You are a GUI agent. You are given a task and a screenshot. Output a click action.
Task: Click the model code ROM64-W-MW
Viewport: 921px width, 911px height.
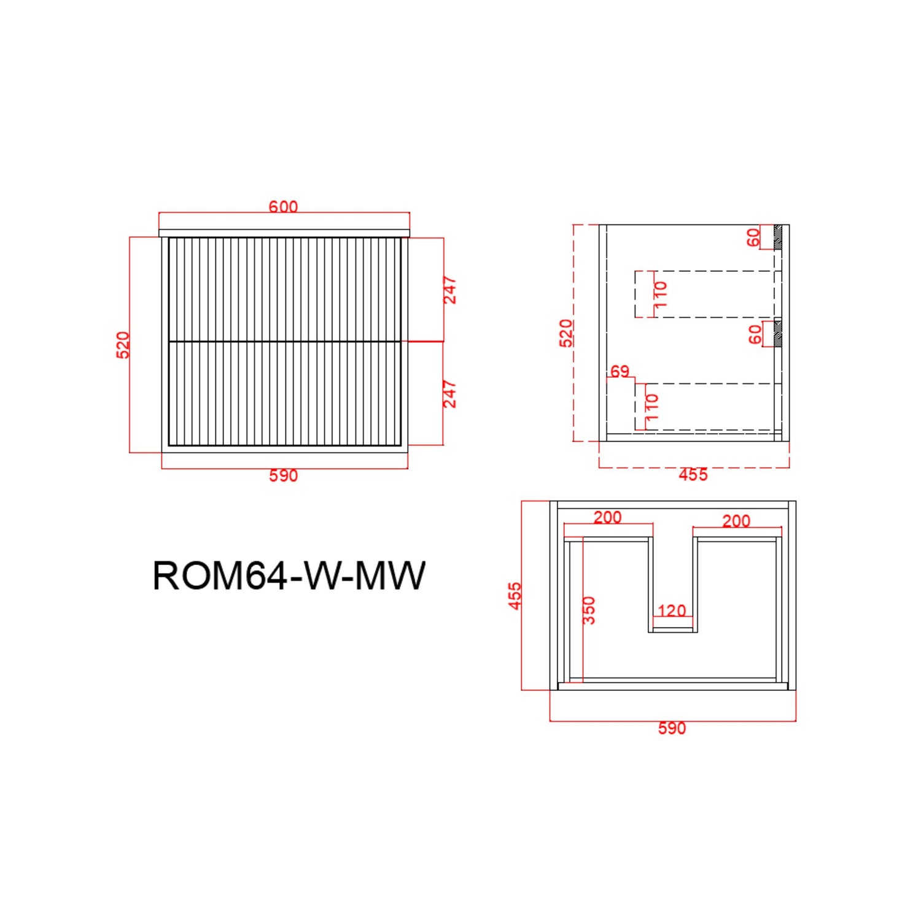point(289,575)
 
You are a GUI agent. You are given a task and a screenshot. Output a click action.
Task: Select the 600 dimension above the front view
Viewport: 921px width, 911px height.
point(283,207)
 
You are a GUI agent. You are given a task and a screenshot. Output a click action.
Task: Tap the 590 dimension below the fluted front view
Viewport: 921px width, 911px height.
point(283,475)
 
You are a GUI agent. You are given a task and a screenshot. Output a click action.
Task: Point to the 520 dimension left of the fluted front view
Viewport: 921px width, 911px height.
point(123,344)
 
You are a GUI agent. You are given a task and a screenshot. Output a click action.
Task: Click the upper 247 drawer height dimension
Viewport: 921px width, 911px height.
point(450,290)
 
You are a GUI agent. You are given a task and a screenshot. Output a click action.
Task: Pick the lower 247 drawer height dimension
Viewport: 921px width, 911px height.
point(450,394)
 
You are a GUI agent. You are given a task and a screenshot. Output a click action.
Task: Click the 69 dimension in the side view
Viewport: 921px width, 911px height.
point(620,371)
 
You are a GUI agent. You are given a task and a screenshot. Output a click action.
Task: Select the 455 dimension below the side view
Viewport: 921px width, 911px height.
point(693,474)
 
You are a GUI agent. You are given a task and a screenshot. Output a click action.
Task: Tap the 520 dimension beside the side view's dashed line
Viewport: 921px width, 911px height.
point(566,332)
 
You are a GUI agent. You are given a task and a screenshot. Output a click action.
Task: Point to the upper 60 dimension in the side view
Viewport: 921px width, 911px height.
point(753,237)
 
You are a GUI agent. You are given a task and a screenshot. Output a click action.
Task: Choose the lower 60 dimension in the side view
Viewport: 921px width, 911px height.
point(755,334)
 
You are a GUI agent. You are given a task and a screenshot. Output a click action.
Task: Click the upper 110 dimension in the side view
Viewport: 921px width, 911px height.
point(661,294)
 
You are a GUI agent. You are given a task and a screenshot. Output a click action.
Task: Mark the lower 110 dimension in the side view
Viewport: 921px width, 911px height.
point(652,407)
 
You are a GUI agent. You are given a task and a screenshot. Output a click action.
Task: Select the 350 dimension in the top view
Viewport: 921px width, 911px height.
point(589,610)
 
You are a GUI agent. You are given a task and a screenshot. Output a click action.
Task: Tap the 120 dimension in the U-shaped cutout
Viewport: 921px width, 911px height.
point(672,610)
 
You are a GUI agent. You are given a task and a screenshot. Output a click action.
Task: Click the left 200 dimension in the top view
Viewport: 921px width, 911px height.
point(608,517)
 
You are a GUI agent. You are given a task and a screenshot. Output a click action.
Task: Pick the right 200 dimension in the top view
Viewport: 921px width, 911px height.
point(736,521)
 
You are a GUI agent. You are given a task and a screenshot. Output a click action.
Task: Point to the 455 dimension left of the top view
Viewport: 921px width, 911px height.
point(515,595)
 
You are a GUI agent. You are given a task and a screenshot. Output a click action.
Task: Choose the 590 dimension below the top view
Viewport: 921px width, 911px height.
point(672,728)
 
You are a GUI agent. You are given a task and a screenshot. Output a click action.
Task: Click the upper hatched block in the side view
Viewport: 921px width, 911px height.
point(778,237)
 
